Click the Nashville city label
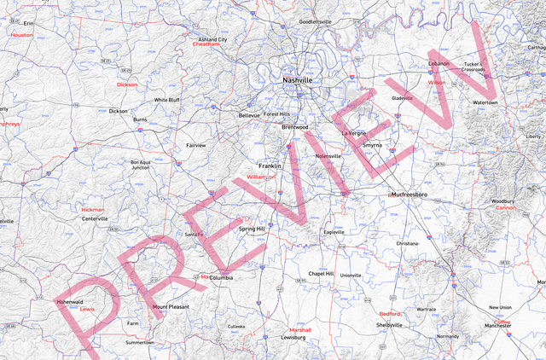click(297, 80)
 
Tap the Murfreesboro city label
click(407, 195)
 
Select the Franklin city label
click(270, 165)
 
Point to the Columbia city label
click(221, 277)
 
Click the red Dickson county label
click(127, 85)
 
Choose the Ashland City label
click(212, 39)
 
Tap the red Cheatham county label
click(206, 44)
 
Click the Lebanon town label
click(439, 63)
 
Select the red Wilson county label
click(436, 83)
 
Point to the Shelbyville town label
click(389, 325)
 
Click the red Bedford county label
click(389, 314)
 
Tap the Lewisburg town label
click(293, 338)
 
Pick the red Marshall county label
click(300, 329)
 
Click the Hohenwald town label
click(70, 301)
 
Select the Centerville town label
click(95, 218)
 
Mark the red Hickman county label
click(93, 209)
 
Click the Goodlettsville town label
click(315, 21)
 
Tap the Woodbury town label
click(502, 201)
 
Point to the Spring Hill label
click(253, 229)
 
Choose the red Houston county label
click(21, 35)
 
